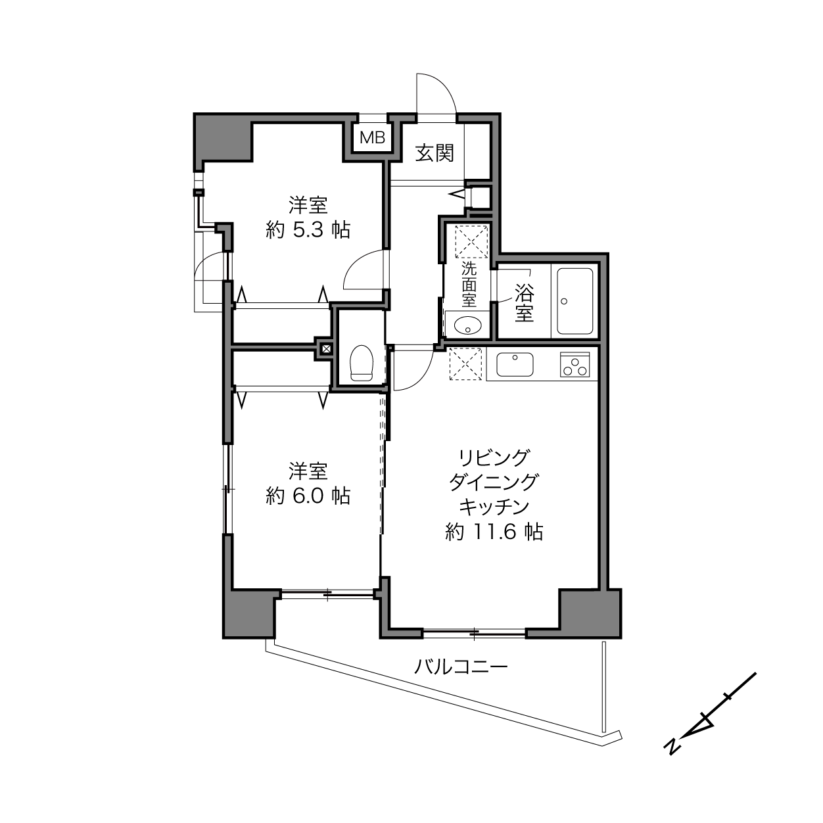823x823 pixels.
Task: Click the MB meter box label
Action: click(373, 137)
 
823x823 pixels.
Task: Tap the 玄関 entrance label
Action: click(435, 153)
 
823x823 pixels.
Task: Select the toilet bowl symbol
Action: click(362, 363)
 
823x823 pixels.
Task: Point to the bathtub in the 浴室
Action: click(575, 301)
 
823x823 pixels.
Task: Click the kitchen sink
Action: click(515, 364)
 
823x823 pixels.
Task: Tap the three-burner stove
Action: click(575, 364)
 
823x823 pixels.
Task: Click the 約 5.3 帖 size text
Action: click(308, 231)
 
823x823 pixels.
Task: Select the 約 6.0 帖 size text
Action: click(308, 496)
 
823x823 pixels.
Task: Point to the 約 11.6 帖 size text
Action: click(494, 532)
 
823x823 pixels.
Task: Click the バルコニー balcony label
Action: click(461, 667)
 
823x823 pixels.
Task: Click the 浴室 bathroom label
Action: click(524, 303)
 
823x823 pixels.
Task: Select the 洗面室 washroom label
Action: click(469, 284)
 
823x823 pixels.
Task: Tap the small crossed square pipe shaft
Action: click(326, 348)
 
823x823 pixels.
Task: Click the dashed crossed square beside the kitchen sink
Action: click(466, 364)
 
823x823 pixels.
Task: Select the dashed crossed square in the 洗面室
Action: click(471, 241)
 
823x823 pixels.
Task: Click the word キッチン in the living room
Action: click(494, 507)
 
